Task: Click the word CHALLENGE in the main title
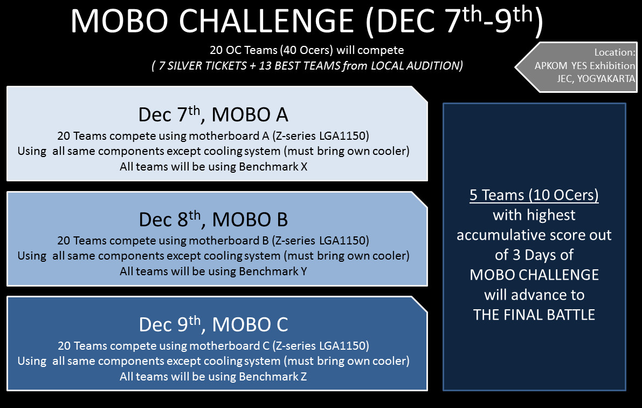[x=266, y=21]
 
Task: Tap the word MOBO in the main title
[x=120, y=21]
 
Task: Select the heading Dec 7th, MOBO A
[x=213, y=114]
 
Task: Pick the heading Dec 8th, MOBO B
[x=213, y=219]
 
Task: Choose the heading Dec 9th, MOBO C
[x=213, y=324]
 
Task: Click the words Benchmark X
[x=273, y=167]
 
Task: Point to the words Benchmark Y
[x=273, y=271]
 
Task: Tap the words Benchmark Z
[x=273, y=376]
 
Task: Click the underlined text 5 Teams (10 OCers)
[x=534, y=195]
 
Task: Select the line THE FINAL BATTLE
[x=534, y=315]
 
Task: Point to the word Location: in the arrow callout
[x=615, y=52]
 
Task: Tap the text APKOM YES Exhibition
[x=585, y=66]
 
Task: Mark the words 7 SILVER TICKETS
[x=203, y=66]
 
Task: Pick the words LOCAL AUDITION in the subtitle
[x=415, y=66]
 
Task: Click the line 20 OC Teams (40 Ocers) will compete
[x=307, y=50]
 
